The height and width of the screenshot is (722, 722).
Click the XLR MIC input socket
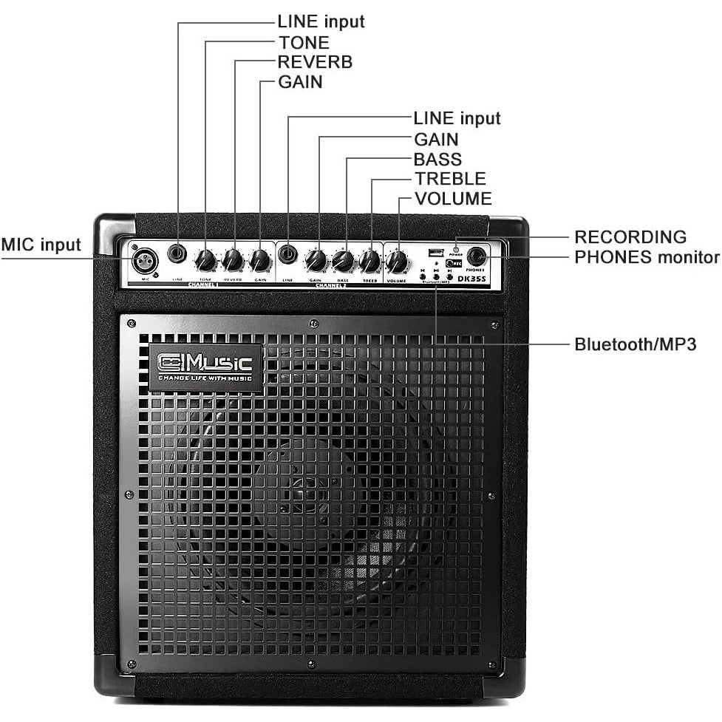click(x=140, y=260)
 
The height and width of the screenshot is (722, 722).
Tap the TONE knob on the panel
click(x=206, y=260)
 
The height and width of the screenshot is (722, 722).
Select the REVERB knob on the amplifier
click(x=233, y=259)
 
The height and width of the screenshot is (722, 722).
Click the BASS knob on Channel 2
click(x=342, y=260)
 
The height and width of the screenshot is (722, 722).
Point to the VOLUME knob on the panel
click(x=397, y=262)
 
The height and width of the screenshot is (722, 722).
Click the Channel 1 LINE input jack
click(x=177, y=255)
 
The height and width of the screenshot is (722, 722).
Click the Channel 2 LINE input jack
click(x=287, y=255)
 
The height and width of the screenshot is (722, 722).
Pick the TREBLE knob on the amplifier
click(x=369, y=261)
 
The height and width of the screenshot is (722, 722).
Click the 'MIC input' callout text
click(x=41, y=245)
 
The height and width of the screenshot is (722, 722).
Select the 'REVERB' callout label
click(x=315, y=62)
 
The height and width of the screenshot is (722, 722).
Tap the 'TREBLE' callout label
click(x=450, y=179)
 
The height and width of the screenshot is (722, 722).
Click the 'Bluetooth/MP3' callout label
click(x=636, y=344)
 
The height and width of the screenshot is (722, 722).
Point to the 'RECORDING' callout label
click(x=630, y=237)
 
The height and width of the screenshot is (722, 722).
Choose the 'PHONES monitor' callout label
click(x=647, y=257)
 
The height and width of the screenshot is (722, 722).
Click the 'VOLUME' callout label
click(x=453, y=199)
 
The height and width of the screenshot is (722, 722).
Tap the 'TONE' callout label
click(x=303, y=42)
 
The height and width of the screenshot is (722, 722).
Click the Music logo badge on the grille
click(x=205, y=366)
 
